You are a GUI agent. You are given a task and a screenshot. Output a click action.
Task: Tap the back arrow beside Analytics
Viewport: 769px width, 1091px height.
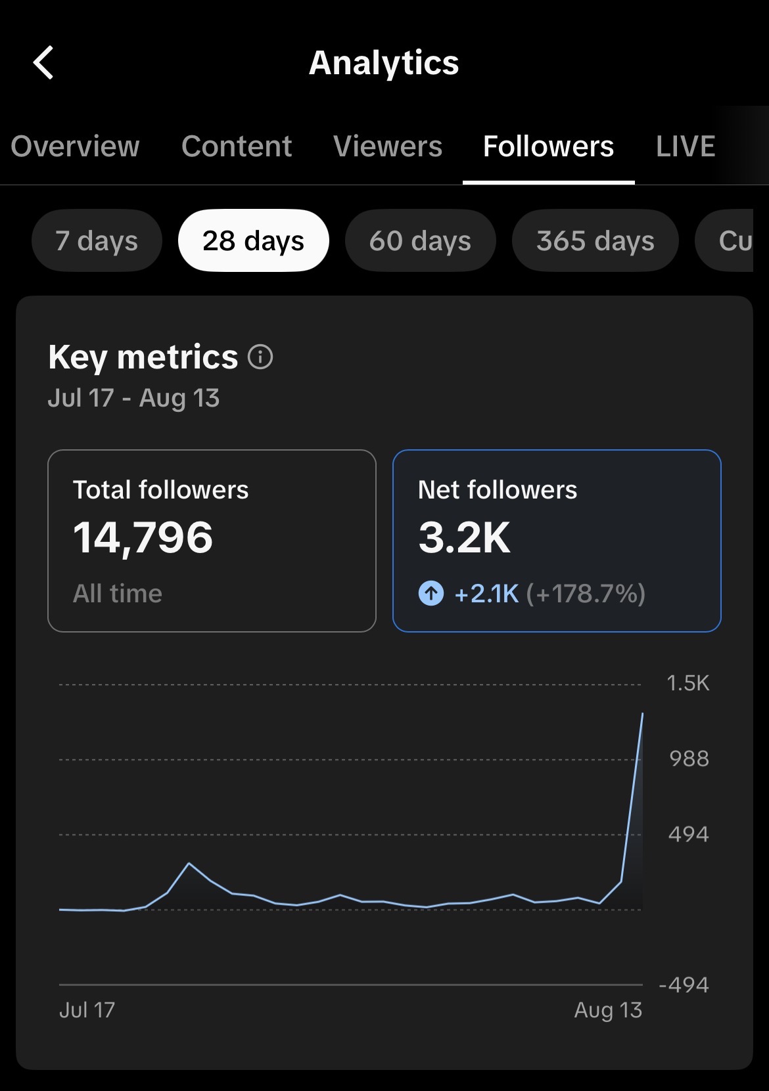[x=43, y=62]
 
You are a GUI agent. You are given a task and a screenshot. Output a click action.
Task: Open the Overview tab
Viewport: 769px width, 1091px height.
[x=75, y=146]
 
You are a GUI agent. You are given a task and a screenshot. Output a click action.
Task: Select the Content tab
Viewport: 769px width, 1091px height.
[x=237, y=146]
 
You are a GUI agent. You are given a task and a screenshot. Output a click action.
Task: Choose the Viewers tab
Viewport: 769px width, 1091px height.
[x=387, y=146]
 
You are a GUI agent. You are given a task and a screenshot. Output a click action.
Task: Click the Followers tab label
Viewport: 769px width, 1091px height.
[x=548, y=146]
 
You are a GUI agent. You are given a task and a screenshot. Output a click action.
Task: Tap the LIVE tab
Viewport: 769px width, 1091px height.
[x=685, y=146]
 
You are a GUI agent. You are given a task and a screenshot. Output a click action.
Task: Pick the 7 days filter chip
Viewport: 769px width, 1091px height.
[x=97, y=240]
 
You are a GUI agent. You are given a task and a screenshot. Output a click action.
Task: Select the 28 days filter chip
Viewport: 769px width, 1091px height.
[x=254, y=240]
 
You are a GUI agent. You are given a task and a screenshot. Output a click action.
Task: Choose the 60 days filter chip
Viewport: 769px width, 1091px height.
[x=420, y=240]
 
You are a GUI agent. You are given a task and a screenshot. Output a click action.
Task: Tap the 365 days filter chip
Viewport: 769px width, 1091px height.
[x=595, y=240]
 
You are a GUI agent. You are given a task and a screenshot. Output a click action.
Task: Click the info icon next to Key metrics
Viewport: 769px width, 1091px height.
[x=260, y=357]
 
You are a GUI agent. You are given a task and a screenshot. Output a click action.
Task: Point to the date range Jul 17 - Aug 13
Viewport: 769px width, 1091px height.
[x=133, y=399]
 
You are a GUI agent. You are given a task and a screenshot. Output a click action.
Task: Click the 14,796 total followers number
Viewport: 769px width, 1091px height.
[x=143, y=538]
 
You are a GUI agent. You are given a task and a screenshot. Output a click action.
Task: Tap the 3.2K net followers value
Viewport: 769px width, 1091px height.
[x=464, y=538]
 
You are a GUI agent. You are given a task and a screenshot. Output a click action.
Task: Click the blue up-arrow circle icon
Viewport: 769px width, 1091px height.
[x=431, y=593]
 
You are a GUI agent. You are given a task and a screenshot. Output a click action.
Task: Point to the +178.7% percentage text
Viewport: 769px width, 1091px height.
[x=586, y=594]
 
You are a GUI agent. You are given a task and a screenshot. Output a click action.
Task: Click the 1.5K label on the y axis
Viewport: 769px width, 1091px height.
[x=687, y=683]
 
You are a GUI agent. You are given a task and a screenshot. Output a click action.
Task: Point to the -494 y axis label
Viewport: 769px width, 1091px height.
[x=684, y=985]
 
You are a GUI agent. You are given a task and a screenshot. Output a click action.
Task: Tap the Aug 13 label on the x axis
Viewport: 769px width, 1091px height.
[x=608, y=1010]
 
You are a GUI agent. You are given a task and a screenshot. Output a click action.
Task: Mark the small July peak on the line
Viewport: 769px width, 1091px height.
[x=189, y=864]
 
